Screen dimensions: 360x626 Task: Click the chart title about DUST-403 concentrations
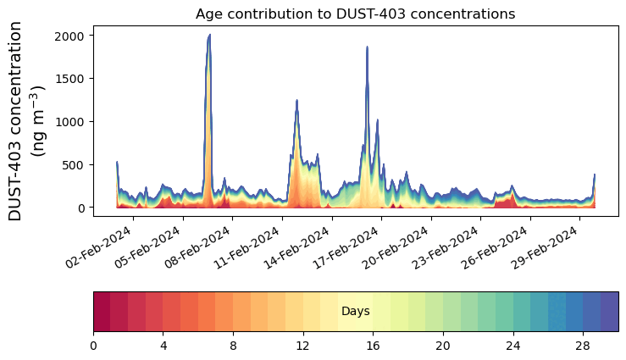pos(355,14)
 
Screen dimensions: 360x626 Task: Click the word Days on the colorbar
pos(355,312)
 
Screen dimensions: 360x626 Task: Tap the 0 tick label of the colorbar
pos(93,346)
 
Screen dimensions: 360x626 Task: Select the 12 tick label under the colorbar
pos(302,346)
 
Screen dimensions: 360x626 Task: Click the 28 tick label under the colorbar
pos(582,346)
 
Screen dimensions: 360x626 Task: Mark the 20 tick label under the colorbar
pos(442,346)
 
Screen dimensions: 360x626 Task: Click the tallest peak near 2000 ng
pos(209,35)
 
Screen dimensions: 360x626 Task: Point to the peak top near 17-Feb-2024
pos(367,47)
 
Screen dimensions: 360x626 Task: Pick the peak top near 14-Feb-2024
pos(296,100)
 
